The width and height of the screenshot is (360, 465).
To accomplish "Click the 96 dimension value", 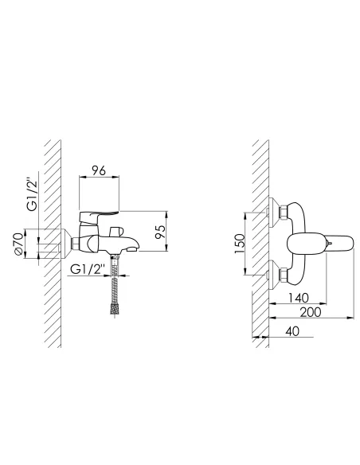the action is point(99,171).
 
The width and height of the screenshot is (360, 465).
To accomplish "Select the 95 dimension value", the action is point(160,232).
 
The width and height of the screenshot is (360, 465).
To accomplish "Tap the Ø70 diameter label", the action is point(18,244).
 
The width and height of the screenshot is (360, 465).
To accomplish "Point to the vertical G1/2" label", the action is point(32,194).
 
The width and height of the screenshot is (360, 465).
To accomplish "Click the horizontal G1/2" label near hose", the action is point(88,270).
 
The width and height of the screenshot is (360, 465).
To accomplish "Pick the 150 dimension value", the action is point(240,244).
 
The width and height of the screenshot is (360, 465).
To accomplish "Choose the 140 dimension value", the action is point(299,298).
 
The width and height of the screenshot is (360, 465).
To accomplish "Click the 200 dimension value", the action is point(311,312).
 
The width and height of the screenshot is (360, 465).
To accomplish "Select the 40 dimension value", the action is point(292,331).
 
